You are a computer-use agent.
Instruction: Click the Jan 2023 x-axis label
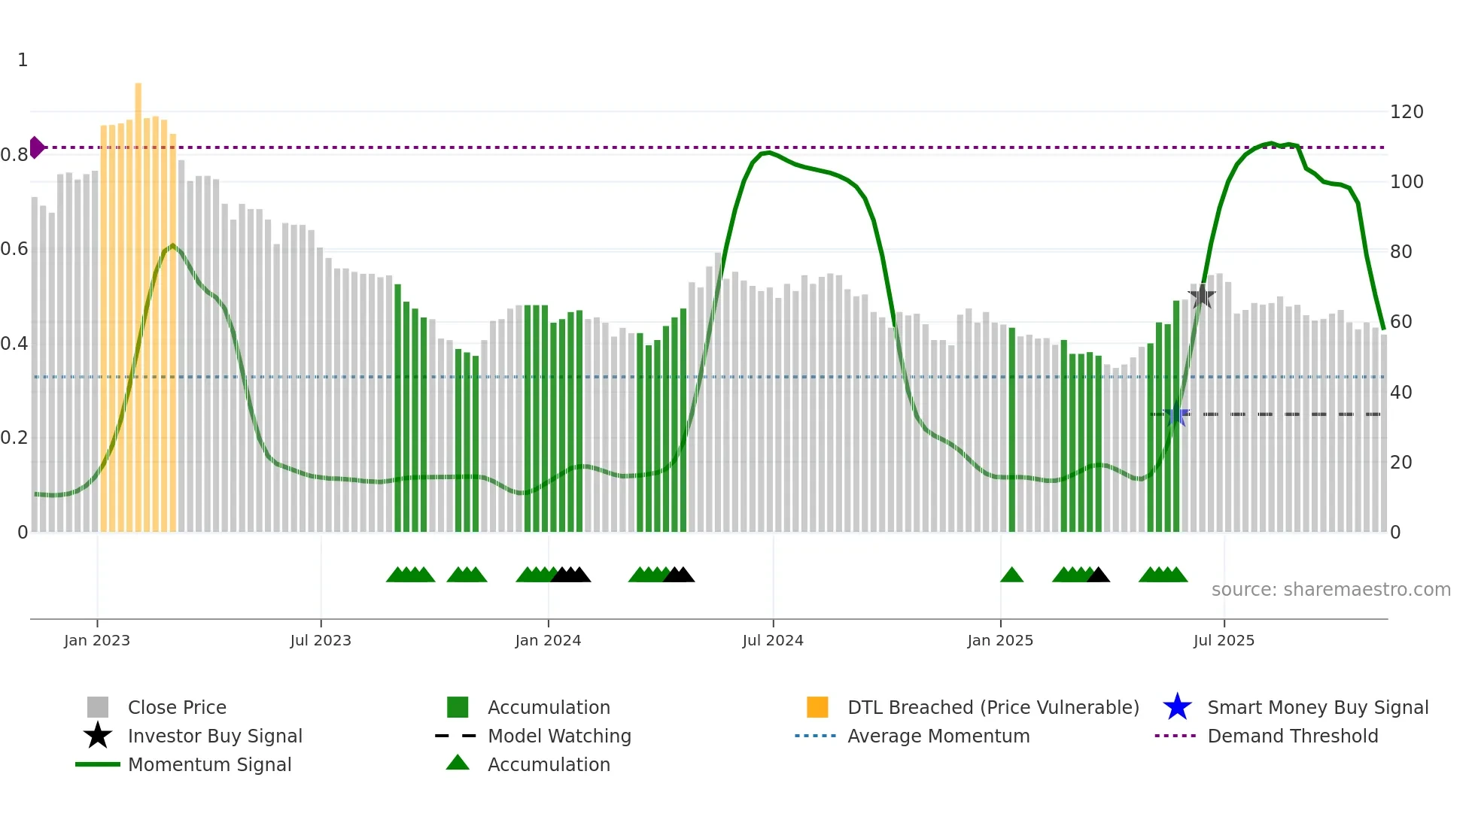[97, 640]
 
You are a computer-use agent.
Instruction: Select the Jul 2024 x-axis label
[773, 640]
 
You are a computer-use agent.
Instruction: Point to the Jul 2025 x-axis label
[1224, 640]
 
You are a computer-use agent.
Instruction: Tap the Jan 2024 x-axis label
[548, 640]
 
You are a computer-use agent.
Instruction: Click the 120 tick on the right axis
[1407, 112]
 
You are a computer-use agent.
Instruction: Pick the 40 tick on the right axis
[1400, 392]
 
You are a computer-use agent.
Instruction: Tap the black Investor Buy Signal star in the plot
[1201, 296]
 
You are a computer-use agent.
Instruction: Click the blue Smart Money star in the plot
[1176, 414]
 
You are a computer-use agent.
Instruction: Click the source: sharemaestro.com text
[1331, 590]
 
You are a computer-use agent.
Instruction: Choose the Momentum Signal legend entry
[209, 764]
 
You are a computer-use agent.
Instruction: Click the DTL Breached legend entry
[993, 707]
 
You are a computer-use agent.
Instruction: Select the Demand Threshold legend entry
[1292, 736]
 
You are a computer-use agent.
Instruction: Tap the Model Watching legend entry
[559, 736]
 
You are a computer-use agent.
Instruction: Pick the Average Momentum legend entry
[938, 736]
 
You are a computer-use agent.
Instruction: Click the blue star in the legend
[1177, 707]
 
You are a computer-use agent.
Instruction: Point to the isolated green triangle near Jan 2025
[1011, 575]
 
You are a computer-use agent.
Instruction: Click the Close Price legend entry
[177, 707]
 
